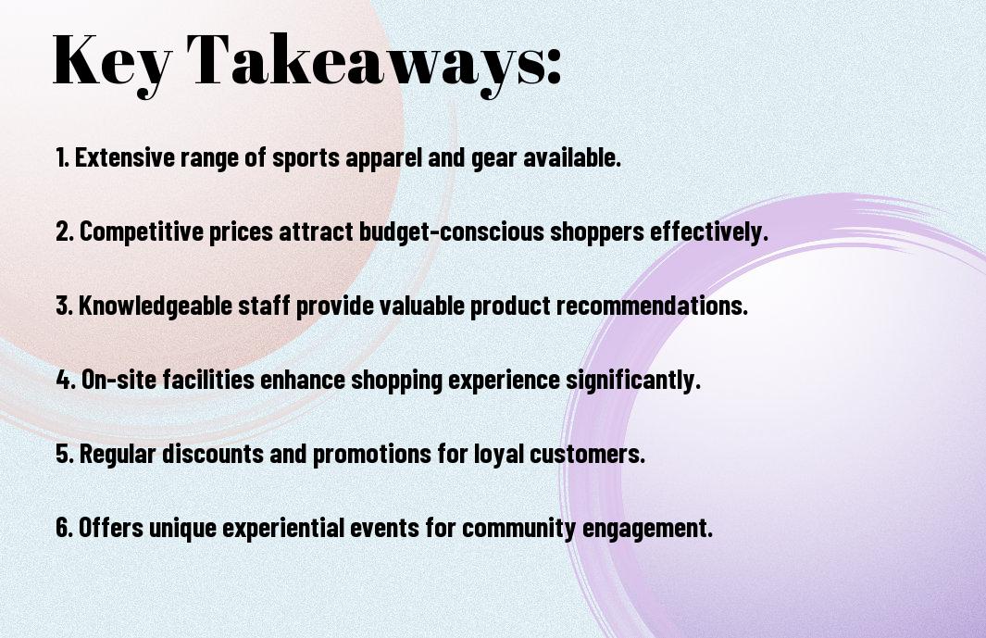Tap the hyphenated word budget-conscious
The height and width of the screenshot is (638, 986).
[x=452, y=232]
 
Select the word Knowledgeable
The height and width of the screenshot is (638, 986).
[x=156, y=306]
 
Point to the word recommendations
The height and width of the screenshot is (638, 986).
[x=652, y=306]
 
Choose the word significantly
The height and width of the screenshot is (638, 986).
[x=632, y=381]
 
